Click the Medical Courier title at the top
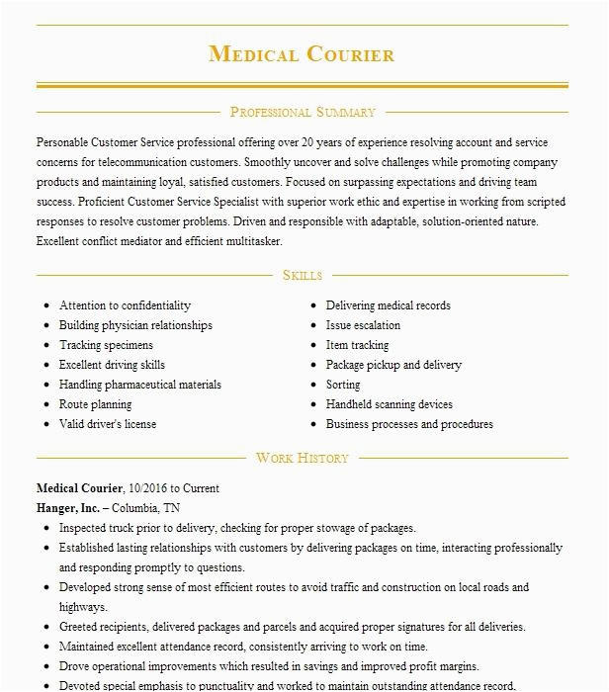coord(303,54)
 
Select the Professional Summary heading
coord(303,113)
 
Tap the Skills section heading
coord(303,276)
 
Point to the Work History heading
coord(303,458)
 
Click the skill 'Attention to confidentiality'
coord(125,305)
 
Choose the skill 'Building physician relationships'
coord(135,325)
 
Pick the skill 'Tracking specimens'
coord(106,345)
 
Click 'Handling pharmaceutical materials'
coord(140,385)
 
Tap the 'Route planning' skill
coord(95,404)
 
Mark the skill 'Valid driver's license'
coord(108,424)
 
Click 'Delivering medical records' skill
coord(389,305)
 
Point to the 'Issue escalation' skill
coord(363,325)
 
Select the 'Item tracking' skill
coord(357,345)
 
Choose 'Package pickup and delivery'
coord(393,365)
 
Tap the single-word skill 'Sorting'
coord(343,385)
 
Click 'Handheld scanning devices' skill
coord(390,404)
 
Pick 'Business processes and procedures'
coord(409,424)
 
